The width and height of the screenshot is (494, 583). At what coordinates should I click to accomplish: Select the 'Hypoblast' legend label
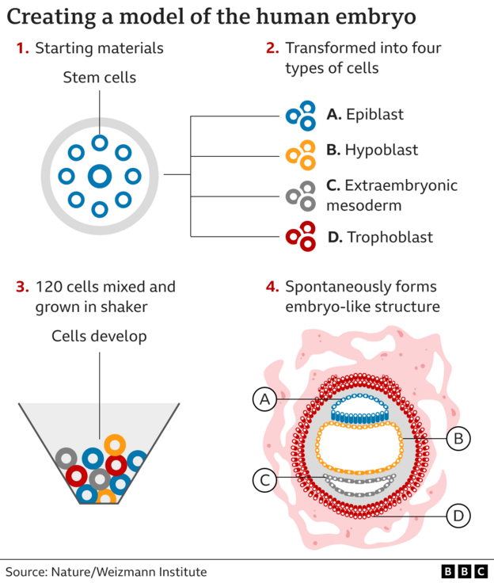click(382, 150)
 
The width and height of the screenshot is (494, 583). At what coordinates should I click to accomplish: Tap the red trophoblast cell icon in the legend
click(300, 237)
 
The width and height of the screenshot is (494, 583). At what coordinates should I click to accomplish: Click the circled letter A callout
click(265, 401)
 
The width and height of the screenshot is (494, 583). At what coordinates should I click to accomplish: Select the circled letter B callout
click(458, 436)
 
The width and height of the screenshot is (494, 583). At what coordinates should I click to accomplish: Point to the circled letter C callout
click(265, 479)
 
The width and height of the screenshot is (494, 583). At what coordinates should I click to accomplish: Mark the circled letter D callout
click(458, 516)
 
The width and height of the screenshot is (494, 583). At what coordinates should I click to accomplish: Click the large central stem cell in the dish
click(100, 176)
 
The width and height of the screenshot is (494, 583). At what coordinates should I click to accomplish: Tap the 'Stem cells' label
click(99, 78)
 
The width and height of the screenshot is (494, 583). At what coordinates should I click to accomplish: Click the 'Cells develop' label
click(99, 336)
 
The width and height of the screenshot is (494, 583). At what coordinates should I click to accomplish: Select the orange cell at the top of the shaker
click(115, 444)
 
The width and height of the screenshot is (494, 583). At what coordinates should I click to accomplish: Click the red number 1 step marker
click(22, 48)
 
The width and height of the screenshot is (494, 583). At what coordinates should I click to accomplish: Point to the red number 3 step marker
click(22, 287)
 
